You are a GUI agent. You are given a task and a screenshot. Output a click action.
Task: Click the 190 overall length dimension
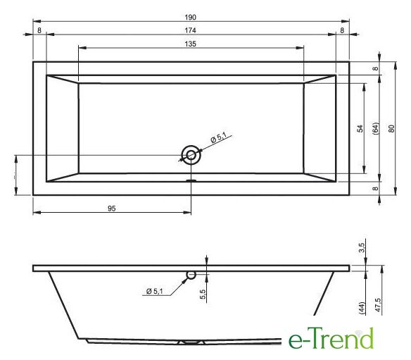190,18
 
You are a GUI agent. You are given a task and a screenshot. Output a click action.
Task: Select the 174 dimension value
190,30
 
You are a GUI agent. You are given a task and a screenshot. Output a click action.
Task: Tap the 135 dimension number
190,44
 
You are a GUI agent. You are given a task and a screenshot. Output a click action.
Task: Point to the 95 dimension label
112,209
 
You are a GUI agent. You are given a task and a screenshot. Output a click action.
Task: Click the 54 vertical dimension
360,128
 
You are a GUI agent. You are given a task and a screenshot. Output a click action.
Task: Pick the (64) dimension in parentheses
376,128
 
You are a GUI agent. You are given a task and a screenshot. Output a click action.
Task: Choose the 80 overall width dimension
391,128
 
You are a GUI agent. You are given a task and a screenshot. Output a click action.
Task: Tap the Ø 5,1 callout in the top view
218,137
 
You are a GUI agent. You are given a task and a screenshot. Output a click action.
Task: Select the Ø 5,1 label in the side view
155,291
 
